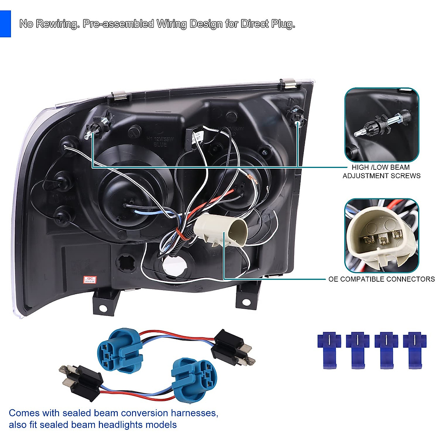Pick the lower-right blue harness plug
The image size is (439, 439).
[194, 375]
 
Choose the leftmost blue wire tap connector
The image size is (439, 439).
[329, 349]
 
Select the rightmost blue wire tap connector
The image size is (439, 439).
[414, 349]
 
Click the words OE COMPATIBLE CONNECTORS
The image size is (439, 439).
[382, 279]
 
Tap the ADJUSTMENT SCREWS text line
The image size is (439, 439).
[382, 176]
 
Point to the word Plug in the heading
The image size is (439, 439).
[283, 24]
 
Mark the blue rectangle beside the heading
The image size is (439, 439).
[5, 24]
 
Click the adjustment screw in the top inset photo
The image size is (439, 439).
[381, 124]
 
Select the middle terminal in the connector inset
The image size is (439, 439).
[383, 240]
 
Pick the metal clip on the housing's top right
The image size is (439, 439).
[290, 83]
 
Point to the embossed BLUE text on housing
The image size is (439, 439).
[160, 145]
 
